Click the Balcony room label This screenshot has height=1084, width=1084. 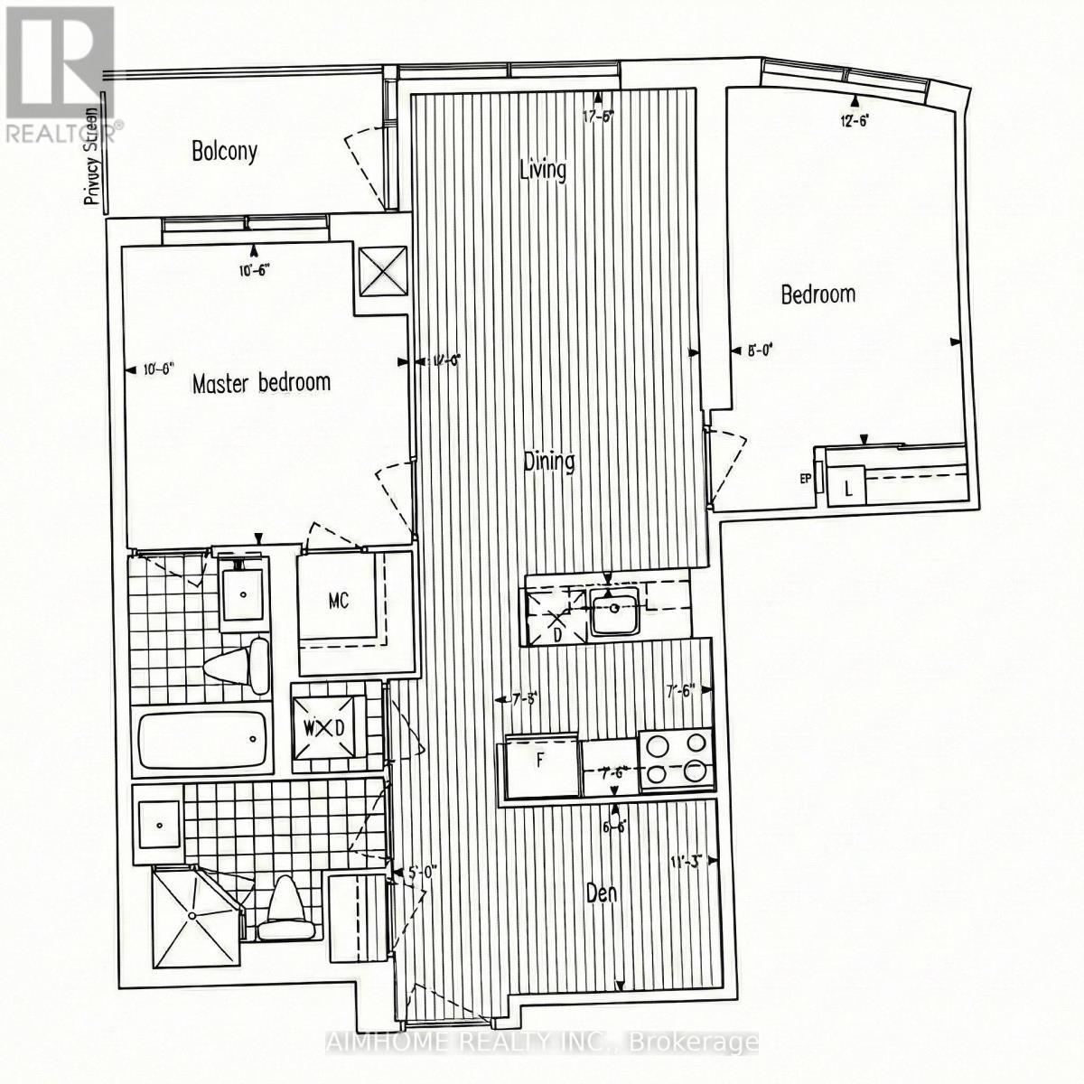coord(224,151)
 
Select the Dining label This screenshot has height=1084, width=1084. coord(549,462)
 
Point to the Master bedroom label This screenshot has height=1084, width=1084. coord(261,383)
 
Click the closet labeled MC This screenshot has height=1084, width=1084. coord(339,599)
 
